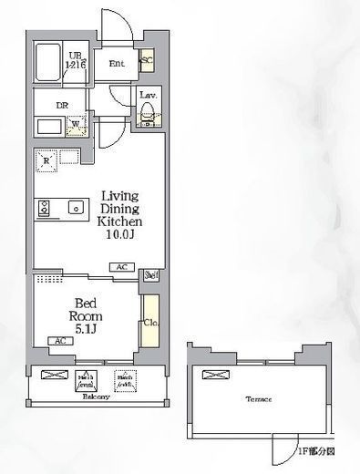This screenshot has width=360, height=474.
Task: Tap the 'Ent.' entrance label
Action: click(x=118, y=64)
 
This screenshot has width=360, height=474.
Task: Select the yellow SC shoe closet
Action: click(x=146, y=62)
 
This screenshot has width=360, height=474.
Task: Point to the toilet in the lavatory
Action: click(x=146, y=113)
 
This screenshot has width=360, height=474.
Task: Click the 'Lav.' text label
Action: click(x=146, y=95)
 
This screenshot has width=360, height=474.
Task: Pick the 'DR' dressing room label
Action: click(x=63, y=105)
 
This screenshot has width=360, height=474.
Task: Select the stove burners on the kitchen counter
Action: click(x=43, y=209)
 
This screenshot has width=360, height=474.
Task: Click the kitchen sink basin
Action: click(x=75, y=209)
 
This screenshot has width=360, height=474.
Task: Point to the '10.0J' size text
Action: click(x=120, y=235)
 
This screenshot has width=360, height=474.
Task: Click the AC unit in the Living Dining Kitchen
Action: click(x=120, y=267)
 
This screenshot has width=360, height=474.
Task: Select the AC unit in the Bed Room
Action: click(x=59, y=341)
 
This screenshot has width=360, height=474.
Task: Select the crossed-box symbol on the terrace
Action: click(x=212, y=375)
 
